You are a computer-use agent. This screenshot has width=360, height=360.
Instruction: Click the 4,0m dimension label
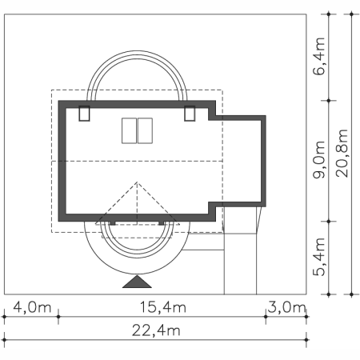point(32,307)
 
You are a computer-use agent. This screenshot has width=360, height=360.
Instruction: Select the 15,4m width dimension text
point(162,307)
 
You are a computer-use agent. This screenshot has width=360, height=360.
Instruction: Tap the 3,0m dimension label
point(286,307)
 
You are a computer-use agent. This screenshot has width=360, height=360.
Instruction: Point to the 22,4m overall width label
point(156,330)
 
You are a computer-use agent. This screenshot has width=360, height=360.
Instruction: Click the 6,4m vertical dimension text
point(319,57)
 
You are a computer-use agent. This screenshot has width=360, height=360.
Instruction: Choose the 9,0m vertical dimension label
point(319,160)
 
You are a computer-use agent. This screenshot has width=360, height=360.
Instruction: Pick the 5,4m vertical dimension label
point(319,257)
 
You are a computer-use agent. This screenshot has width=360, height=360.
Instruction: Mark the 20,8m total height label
point(342,154)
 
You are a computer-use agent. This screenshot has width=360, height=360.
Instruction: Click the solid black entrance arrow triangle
point(137,282)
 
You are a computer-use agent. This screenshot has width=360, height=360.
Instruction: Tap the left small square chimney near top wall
point(84,114)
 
